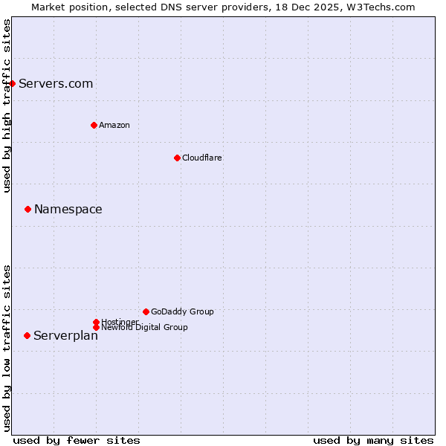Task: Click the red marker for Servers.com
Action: coord(13,83)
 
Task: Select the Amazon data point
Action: coord(94,125)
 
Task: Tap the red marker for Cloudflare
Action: coord(177,158)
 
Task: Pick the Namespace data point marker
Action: coord(28,209)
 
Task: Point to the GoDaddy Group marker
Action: coord(146,311)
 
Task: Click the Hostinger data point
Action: coord(96,322)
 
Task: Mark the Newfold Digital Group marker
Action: coord(96,327)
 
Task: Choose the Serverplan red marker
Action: coord(28,335)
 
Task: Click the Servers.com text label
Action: coord(56,83)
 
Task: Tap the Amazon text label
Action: coord(114,125)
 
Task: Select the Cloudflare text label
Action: coord(201,158)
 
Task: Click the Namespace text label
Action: coord(68,209)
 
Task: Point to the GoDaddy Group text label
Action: coord(182,311)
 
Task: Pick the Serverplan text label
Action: coord(65,336)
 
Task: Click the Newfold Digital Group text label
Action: coord(144,327)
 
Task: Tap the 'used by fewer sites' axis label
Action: coord(77,440)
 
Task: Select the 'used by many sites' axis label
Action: coord(373,440)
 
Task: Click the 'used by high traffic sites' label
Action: coord(7,106)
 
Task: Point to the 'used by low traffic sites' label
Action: coord(7,347)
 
